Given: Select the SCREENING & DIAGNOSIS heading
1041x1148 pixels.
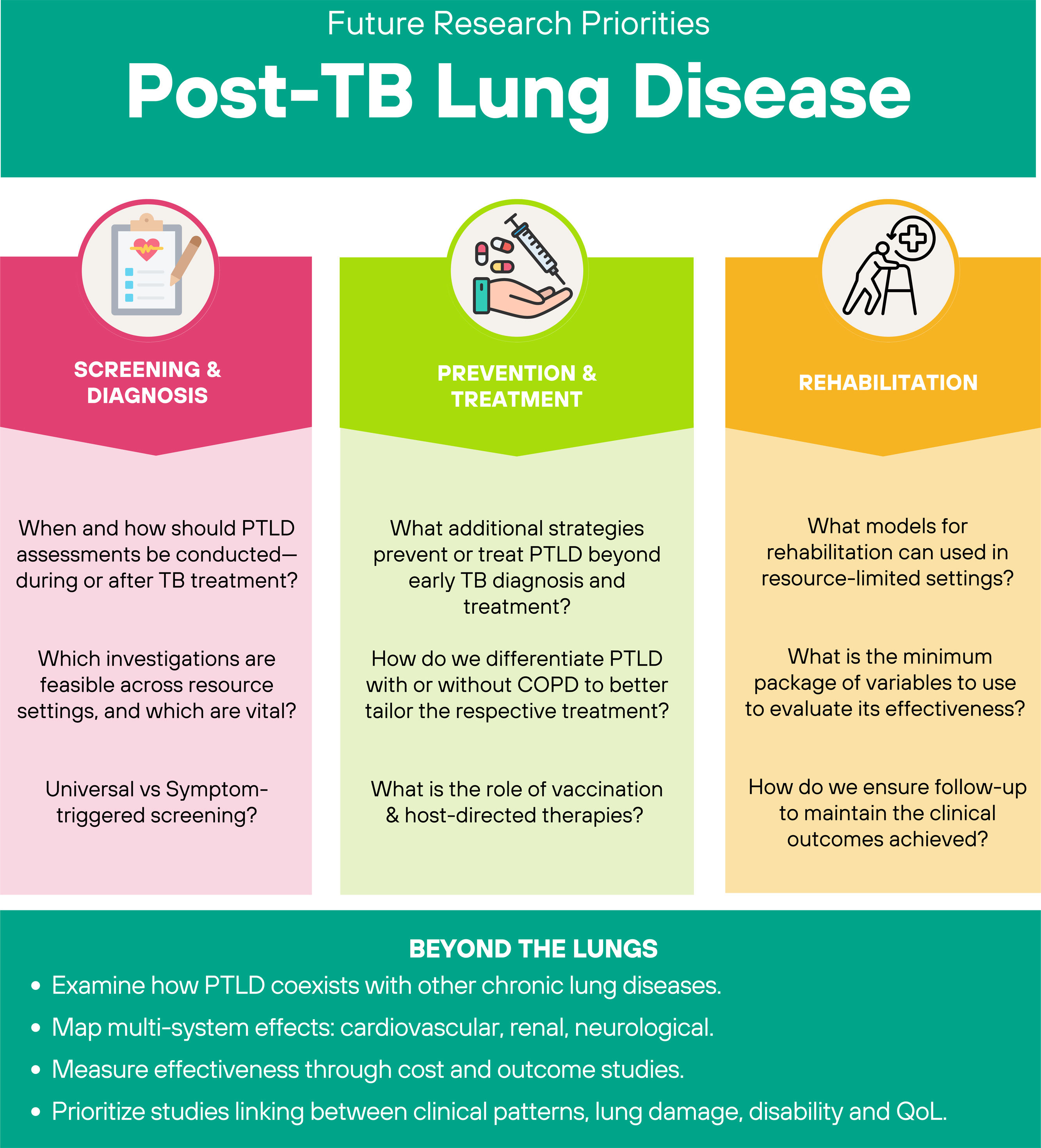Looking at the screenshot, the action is tap(148, 382).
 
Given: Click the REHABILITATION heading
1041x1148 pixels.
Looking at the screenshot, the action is tap(888, 383).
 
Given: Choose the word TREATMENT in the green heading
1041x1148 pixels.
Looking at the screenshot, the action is tap(516, 399).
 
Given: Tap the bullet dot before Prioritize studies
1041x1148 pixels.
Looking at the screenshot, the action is tap(36, 1112).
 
